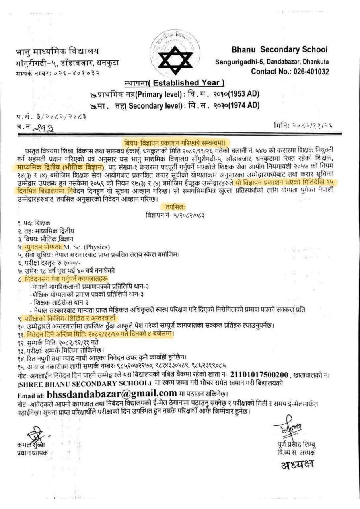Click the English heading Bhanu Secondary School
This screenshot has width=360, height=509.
pos(279,50)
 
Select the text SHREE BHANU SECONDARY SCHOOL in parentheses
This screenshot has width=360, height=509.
pos(84,383)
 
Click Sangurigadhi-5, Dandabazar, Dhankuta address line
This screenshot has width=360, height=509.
pos(272,62)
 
